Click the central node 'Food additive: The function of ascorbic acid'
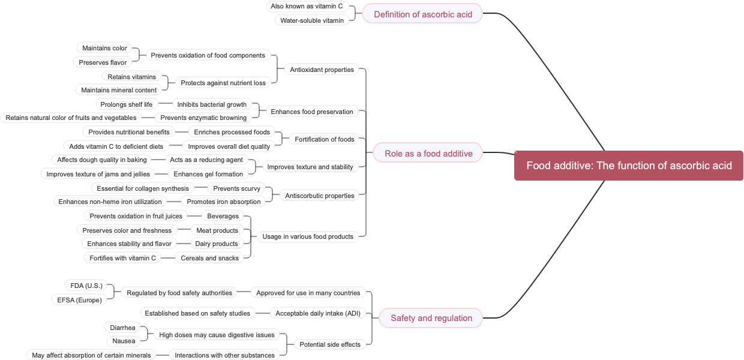(629, 166)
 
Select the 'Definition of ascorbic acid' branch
(423, 14)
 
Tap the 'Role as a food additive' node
(428, 154)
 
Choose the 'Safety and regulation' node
(431, 318)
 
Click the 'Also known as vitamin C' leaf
(307, 6)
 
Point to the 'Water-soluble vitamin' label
(312, 20)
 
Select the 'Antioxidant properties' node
(322, 70)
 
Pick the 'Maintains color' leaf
(104, 48)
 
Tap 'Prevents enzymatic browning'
(203, 118)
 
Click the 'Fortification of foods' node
(324, 139)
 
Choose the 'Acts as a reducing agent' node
(206, 160)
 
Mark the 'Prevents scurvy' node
(237, 188)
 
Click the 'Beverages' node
(223, 216)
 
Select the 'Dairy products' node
(217, 244)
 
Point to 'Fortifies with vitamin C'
(122, 258)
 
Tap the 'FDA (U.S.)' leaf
(86, 286)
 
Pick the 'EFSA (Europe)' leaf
(79, 300)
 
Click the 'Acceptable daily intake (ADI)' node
(318, 313)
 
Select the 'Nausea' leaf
(124, 341)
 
